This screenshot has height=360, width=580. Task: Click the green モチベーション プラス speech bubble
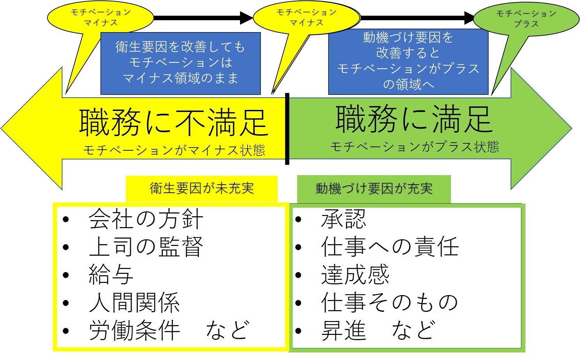(x=526, y=19)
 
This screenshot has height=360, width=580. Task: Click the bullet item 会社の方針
(x=146, y=220)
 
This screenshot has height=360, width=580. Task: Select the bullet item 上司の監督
(x=146, y=247)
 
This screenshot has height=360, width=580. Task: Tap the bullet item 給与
(x=111, y=275)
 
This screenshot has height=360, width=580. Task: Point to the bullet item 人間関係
(x=134, y=303)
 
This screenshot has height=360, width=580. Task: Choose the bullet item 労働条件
(x=134, y=330)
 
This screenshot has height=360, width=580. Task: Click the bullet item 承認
(x=344, y=220)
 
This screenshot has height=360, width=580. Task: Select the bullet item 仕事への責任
(x=390, y=247)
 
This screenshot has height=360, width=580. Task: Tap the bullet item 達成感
(x=355, y=275)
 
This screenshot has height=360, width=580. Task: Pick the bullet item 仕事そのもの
(x=390, y=303)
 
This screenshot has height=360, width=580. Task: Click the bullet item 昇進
(x=344, y=330)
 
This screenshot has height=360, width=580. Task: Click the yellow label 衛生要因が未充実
(x=202, y=188)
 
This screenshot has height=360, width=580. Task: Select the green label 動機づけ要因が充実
(x=374, y=189)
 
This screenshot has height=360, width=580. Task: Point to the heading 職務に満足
(x=414, y=119)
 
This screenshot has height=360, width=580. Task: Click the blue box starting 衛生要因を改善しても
(x=180, y=63)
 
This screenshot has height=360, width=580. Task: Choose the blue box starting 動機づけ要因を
(x=408, y=61)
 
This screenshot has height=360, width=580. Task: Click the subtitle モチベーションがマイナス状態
(x=174, y=150)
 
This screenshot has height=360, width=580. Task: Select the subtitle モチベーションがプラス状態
(x=414, y=147)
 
